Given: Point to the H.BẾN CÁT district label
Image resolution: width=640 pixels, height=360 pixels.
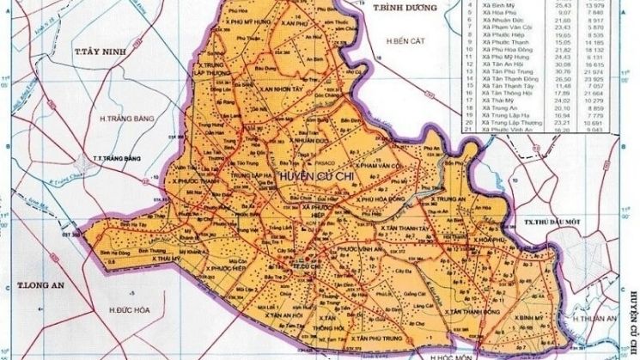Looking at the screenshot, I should click(x=406, y=40).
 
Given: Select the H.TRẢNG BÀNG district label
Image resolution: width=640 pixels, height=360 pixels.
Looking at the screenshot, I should click(x=120, y=118).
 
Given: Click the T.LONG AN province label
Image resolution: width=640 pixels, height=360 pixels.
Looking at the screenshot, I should click(x=41, y=284).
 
